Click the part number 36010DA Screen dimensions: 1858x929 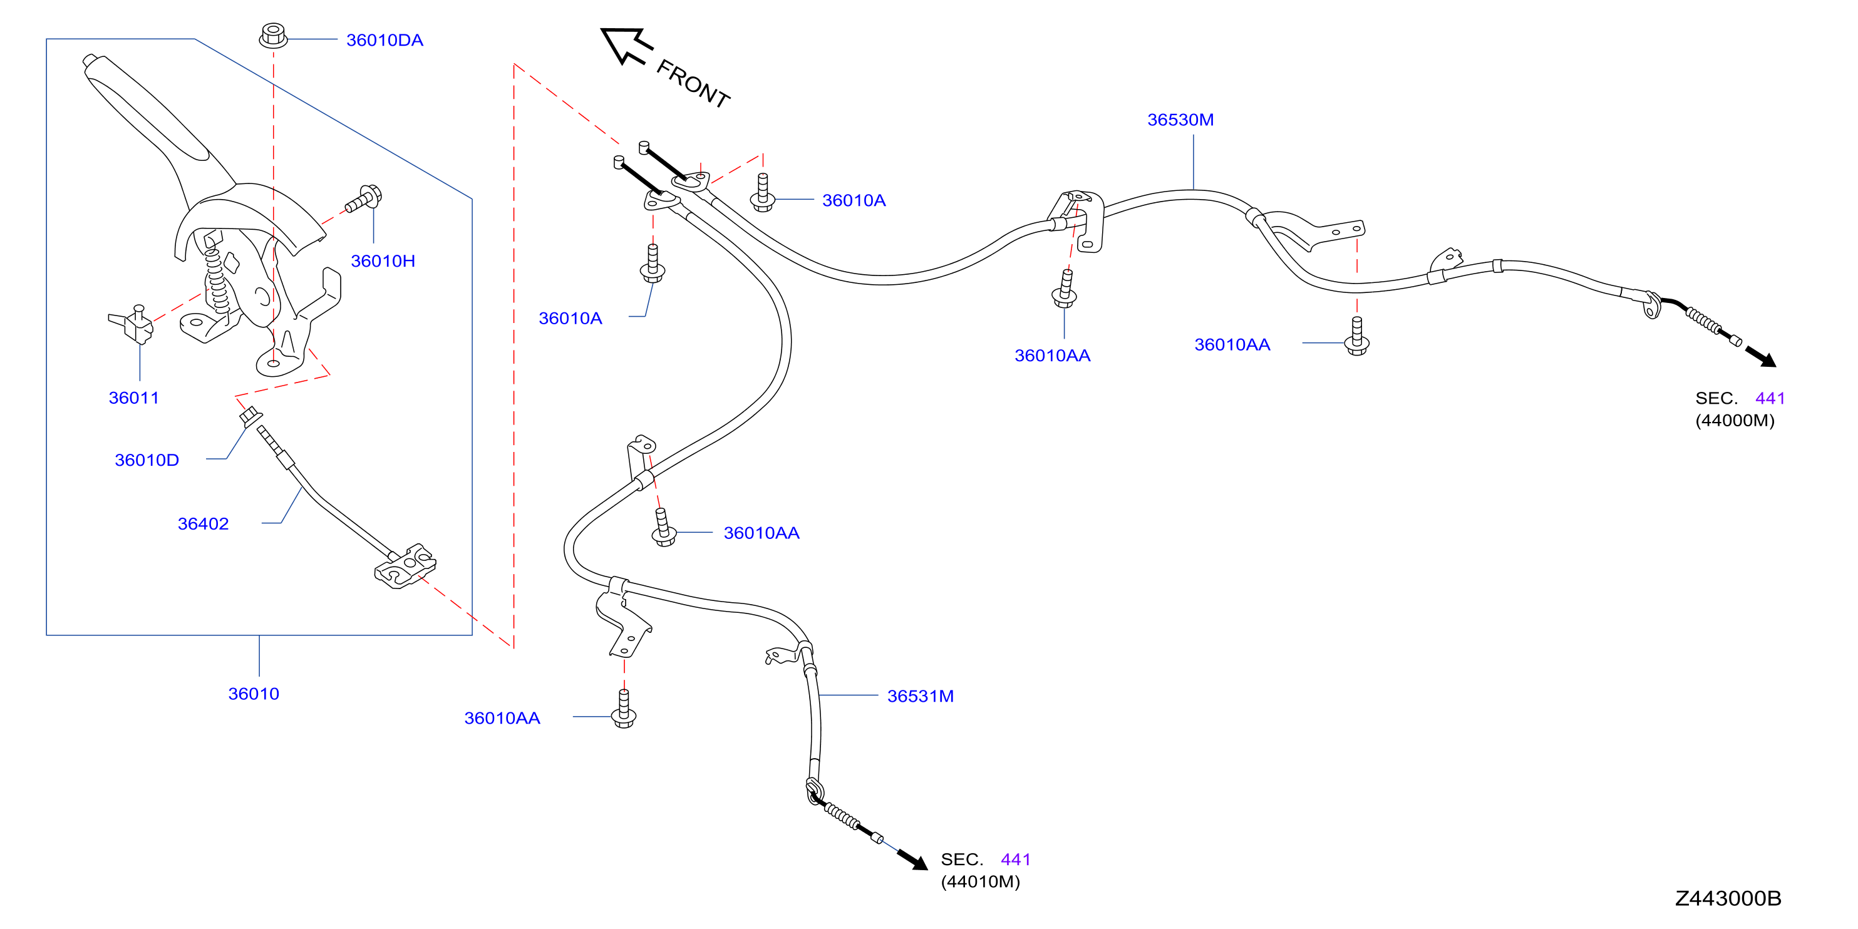(x=385, y=41)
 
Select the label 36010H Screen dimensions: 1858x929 (x=383, y=261)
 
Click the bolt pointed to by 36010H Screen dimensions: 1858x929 (x=364, y=199)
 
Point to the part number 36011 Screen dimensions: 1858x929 (x=133, y=398)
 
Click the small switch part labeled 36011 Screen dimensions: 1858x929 (x=133, y=324)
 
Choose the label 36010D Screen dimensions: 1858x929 (x=147, y=460)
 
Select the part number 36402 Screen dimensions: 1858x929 (x=204, y=523)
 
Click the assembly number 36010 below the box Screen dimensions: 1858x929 (x=254, y=694)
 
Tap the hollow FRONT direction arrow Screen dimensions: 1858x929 (x=624, y=44)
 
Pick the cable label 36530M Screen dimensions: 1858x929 (x=1180, y=120)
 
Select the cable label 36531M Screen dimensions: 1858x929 (x=921, y=696)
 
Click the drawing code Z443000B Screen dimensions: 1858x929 (x=1728, y=898)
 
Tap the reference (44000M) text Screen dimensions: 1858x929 (x=1735, y=421)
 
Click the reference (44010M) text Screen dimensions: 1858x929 (x=980, y=881)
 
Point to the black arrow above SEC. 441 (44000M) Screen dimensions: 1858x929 (x=1761, y=356)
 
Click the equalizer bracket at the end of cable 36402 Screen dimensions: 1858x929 (x=405, y=567)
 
